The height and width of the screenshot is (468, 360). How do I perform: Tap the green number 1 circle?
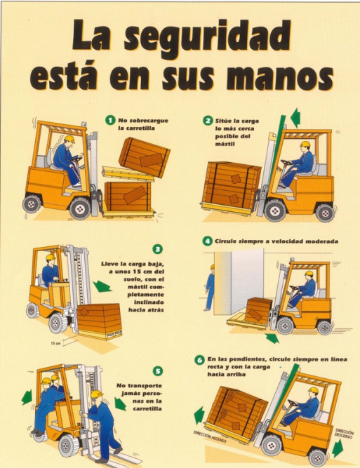tap(110, 121)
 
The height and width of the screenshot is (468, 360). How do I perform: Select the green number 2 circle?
tap(208, 121)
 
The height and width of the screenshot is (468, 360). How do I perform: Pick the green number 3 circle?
tap(157, 248)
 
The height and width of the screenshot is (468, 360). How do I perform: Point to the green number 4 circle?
tap(208, 241)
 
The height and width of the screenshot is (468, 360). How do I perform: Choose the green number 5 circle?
tap(156, 370)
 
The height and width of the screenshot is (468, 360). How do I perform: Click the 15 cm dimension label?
tap(55, 344)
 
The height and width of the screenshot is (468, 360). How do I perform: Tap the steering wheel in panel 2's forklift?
tap(286, 163)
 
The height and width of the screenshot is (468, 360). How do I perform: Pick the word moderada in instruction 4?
tap(321, 241)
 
